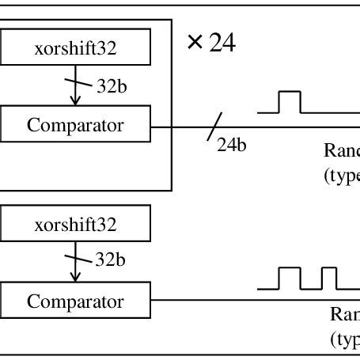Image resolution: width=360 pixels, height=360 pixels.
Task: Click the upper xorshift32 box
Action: (75, 49)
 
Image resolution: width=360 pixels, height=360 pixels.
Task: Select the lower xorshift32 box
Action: (75, 225)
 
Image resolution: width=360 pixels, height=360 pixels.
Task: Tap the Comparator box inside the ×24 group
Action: (75, 125)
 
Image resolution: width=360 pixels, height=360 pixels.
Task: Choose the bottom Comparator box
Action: (75, 301)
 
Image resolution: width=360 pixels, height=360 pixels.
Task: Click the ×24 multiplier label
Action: (211, 43)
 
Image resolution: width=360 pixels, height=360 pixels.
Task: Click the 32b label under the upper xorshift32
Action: (111, 86)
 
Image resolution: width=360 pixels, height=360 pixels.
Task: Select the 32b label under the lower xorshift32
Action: (111, 259)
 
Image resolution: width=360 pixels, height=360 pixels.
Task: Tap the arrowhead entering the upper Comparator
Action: (75, 101)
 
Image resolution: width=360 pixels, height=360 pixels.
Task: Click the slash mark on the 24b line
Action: (213, 127)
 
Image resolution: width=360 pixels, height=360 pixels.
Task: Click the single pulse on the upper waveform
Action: (290, 101)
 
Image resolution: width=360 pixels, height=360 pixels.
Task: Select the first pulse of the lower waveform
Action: (290, 279)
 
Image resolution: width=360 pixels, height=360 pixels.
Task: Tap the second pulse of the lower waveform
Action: (328, 279)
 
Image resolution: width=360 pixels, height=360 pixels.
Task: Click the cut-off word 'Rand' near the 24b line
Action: (342, 151)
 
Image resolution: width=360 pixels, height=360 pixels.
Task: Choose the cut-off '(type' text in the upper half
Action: (342, 176)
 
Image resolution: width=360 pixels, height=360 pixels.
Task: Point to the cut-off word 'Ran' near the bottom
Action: (345, 314)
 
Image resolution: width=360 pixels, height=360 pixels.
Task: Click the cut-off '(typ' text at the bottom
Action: (345, 339)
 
